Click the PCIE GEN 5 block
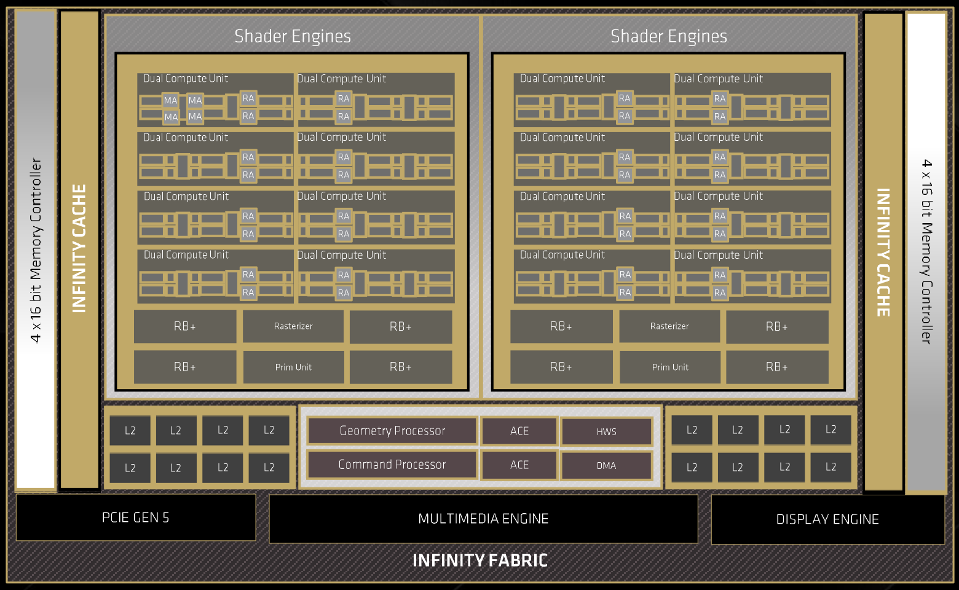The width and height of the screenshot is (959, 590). [135, 517]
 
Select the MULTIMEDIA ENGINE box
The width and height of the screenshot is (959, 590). [483, 519]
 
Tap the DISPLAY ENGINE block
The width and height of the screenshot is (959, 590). [827, 519]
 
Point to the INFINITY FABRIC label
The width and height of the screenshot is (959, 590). [479, 560]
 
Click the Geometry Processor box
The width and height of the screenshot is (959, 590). [392, 431]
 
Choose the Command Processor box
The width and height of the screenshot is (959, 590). [392, 465]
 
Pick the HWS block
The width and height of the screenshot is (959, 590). [606, 431]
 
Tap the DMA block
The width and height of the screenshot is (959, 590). [606, 465]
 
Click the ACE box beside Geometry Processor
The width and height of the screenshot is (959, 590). [519, 431]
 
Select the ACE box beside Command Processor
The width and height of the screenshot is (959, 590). [519, 465]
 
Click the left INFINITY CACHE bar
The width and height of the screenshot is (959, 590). [79, 249]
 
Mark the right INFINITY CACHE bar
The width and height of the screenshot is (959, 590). [883, 252]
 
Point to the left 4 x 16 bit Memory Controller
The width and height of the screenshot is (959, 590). [36, 250]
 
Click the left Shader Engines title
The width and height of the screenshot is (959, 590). [293, 36]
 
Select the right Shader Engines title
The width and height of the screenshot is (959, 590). [669, 36]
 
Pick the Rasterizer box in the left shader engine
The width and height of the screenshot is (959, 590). [293, 326]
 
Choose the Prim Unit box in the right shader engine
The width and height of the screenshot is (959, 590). [670, 367]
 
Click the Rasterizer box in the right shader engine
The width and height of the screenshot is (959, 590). [669, 326]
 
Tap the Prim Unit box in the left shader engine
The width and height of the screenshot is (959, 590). [293, 367]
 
